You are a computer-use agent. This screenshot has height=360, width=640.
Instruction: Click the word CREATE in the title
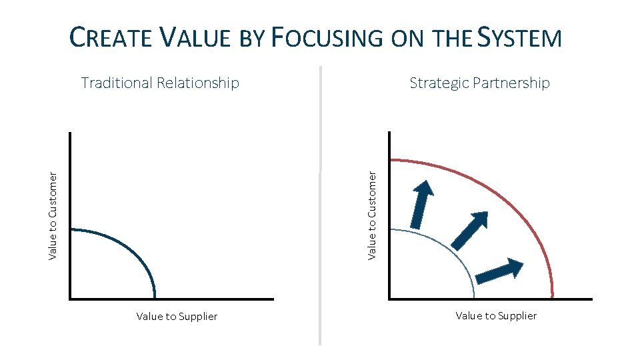[x=111, y=38]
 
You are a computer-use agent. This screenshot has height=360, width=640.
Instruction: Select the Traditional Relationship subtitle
[x=160, y=83]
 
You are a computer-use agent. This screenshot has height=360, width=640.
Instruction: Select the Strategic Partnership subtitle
[x=479, y=83]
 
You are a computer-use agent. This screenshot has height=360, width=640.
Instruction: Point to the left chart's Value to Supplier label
[x=177, y=317]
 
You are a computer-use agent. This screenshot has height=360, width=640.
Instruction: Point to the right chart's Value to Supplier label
[x=496, y=315]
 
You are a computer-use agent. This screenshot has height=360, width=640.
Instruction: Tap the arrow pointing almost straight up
[x=420, y=203]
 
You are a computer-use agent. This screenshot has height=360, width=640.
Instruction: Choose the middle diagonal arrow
[x=469, y=229]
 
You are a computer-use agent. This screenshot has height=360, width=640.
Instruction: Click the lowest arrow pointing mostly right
[x=500, y=269]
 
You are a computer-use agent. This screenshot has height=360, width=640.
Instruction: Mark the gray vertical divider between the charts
[x=321, y=200]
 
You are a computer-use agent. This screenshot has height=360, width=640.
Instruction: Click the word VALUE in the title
[x=196, y=38]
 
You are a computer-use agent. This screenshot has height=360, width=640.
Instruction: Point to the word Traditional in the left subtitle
[x=116, y=83]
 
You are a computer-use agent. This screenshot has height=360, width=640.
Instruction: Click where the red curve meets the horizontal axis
[x=553, y=297]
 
